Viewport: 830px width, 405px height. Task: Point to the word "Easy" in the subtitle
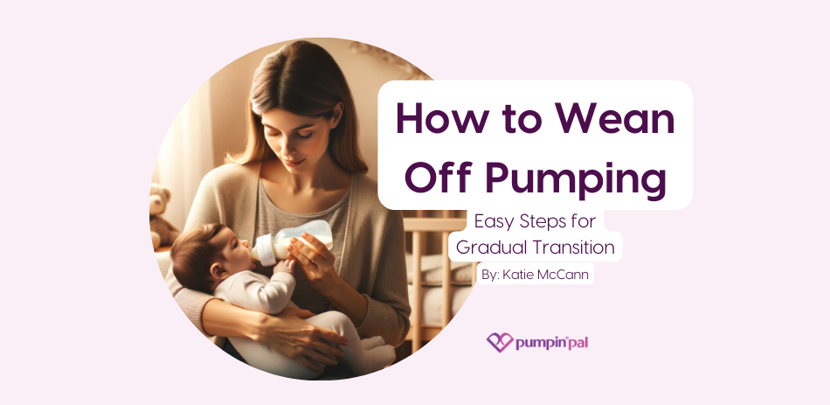click(492, 222)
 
